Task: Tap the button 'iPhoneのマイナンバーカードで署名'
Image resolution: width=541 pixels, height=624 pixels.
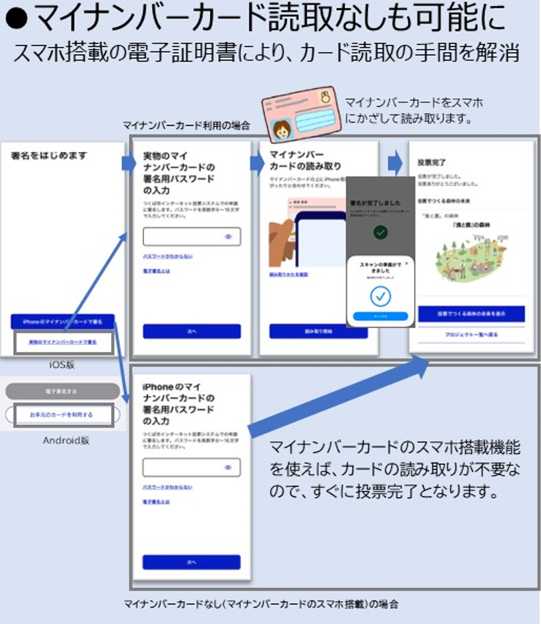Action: (x=63, y=321)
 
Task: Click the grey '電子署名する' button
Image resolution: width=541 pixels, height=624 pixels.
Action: (x=62, y=391)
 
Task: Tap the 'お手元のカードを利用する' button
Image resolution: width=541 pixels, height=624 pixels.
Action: (x=61, y=415)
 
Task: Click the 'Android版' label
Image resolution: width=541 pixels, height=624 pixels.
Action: (x=66, y=440)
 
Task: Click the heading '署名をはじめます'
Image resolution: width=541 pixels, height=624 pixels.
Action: (x=50, y=156)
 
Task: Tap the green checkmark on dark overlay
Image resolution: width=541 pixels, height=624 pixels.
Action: (x=381, y=233)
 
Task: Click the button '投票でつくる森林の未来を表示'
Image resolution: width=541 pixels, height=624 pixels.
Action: (x=471, y=314)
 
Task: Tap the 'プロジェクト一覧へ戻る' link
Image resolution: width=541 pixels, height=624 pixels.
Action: (x=471, y=336)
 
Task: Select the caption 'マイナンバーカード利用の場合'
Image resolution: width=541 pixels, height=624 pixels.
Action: (x=186, y=125)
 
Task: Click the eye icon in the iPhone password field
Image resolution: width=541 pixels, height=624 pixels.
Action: (x=228, y=468)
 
